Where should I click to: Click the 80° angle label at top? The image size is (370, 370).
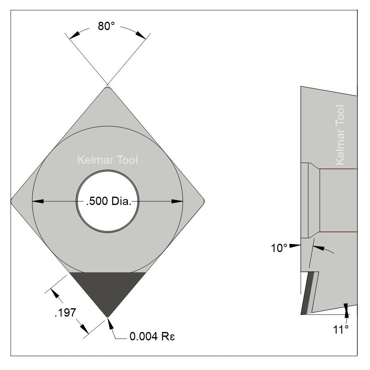tap(106, 27)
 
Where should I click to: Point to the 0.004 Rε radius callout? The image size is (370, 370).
tap(152, 338)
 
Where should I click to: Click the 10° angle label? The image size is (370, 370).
tap(279, 249)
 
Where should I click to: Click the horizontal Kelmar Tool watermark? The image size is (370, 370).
tap(107, 160)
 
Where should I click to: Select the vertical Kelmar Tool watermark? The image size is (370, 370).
tap(340, 135)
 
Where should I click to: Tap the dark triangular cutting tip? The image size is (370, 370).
tap(107, 289)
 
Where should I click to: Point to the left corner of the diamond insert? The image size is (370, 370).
tap(13, 201)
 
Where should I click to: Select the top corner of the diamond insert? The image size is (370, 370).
tap(107, 88)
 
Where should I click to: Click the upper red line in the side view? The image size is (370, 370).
tap(338, 169)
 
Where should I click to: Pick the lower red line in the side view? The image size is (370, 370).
tap(338, 232)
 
